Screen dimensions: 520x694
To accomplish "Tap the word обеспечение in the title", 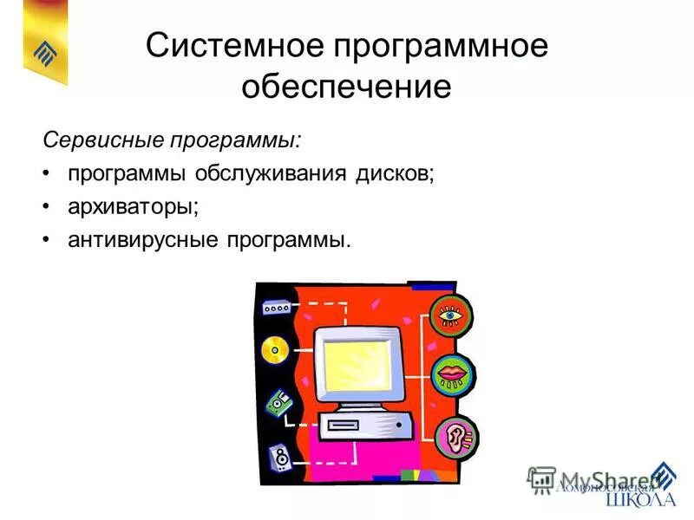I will (347, 88).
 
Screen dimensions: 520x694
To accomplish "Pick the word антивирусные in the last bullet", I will (143, 238).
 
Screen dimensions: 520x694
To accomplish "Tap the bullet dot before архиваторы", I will (46, 206).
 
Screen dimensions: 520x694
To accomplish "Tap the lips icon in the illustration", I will (452, 375).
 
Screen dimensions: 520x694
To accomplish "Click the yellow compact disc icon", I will (274, 350).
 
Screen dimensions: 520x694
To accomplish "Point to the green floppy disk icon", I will (278, 402).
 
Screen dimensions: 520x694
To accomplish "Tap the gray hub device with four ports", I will (275, 308).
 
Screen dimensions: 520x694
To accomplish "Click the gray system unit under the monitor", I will (363, 426).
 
